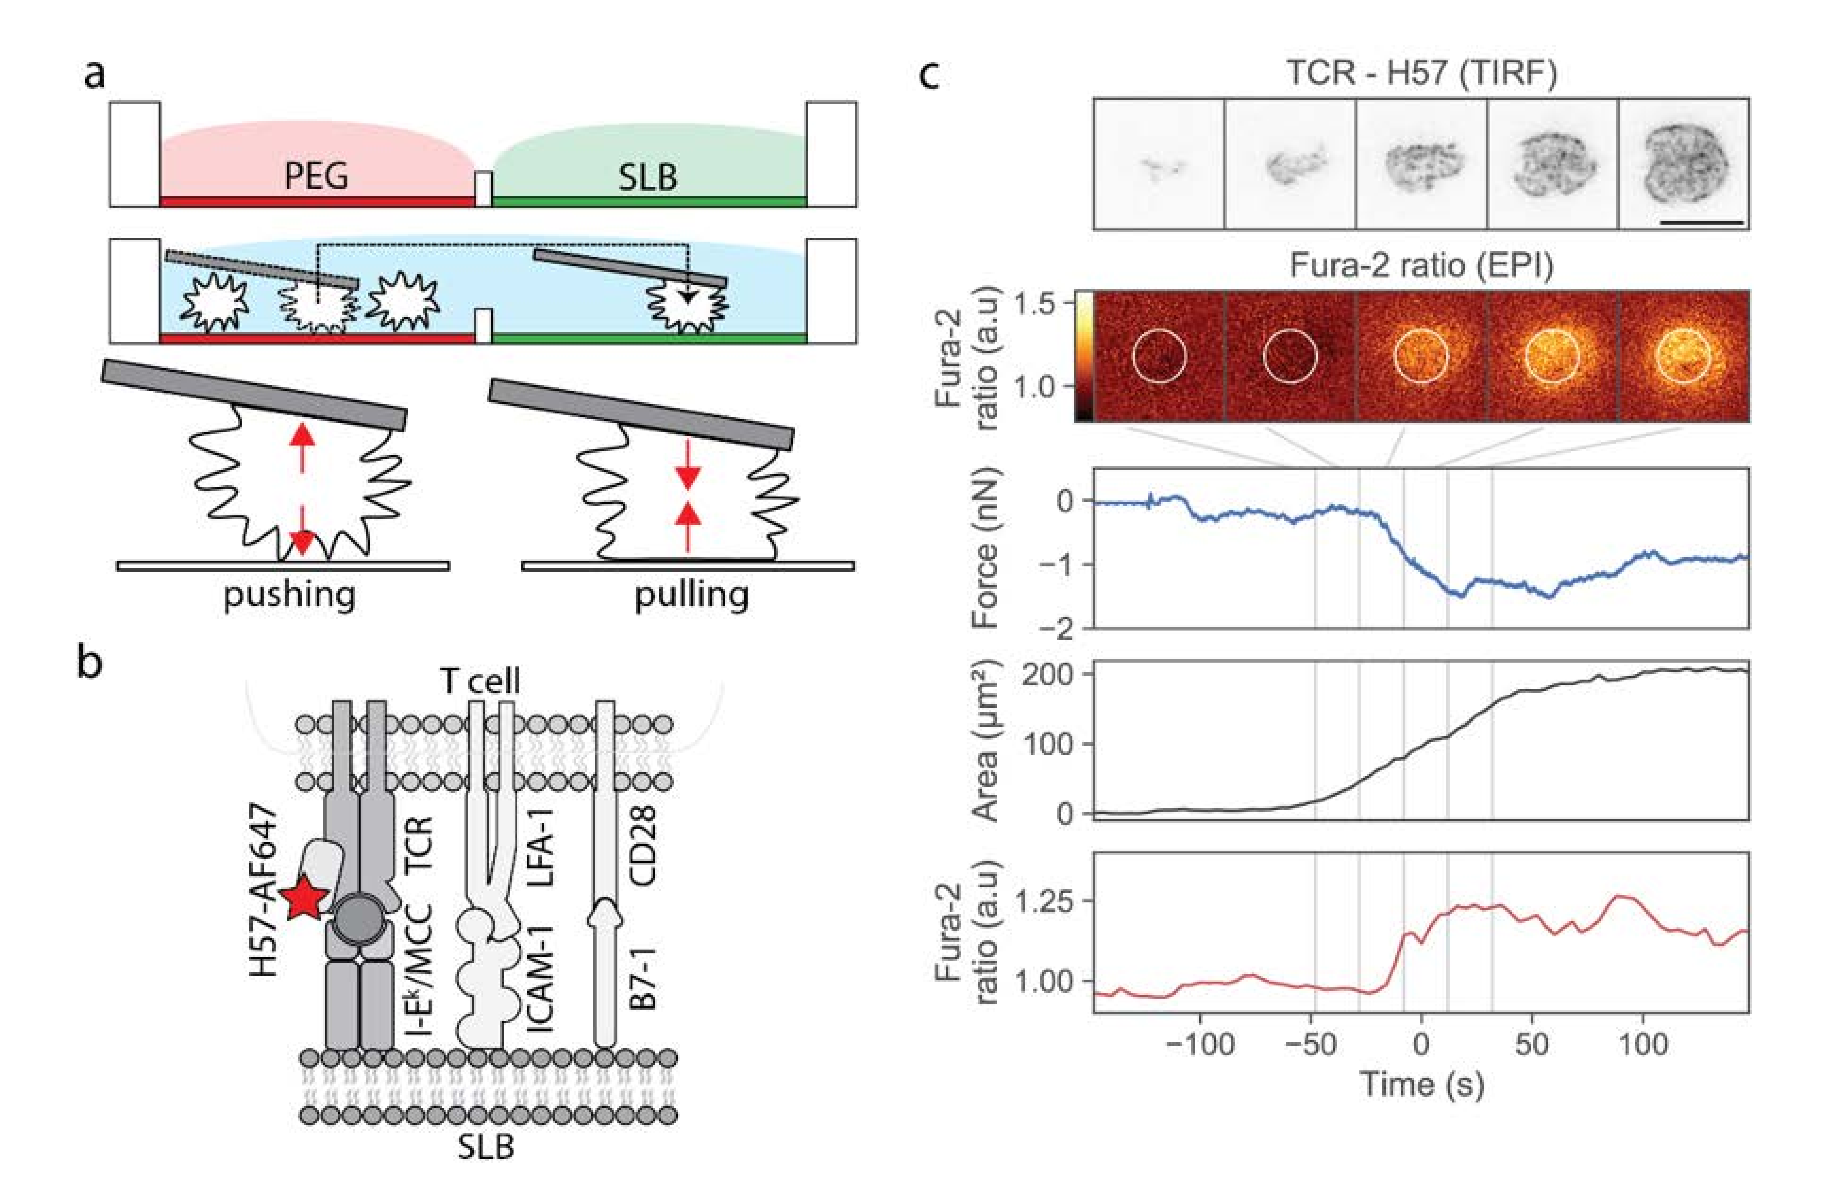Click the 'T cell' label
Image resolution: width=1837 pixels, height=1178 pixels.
[x=480, y=680]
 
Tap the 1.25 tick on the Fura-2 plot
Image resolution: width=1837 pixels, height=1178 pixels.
[x=1045, y=901]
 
